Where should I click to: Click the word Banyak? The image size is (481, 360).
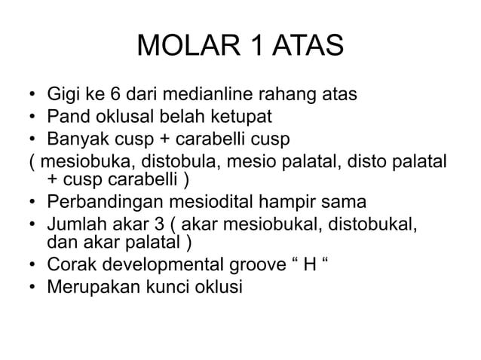[77, 140]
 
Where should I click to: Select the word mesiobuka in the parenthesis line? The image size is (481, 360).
[87, 162]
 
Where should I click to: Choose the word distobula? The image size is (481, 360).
[175, 162]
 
